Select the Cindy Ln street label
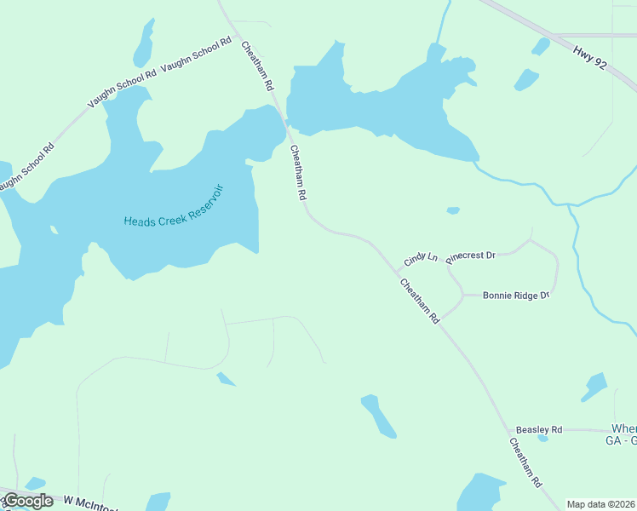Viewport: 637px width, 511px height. coord(421,256)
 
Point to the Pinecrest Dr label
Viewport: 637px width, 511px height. coord(471,255)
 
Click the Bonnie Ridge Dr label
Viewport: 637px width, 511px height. coord(516,296)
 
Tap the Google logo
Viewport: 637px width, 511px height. coord(28,501)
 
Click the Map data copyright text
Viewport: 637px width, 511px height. coord(601,504)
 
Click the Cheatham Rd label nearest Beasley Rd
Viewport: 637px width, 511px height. coord(525,462)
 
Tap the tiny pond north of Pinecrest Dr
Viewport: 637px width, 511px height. coord(453,210)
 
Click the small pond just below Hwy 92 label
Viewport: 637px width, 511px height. coord(526,80)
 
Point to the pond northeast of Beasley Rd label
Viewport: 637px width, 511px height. coord(594,388)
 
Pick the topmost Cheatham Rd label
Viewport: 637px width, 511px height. coord(258,66)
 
